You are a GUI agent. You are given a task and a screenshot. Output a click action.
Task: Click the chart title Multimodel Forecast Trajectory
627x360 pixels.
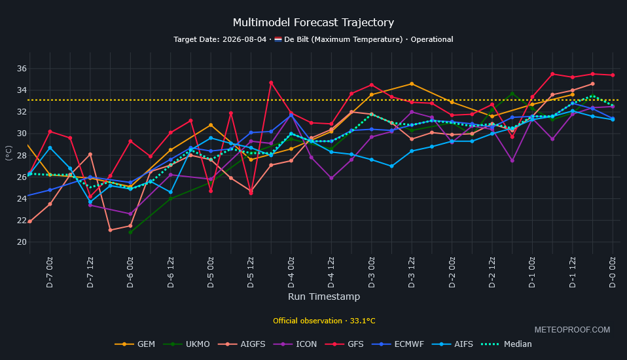[x=313, y=22]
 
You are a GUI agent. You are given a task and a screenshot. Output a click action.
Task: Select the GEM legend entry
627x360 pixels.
[x=135, y=344]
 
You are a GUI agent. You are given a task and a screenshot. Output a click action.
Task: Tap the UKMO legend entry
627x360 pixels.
[x=187, y=344]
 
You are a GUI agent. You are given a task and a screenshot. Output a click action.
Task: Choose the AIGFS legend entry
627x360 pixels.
[x=242, y=344]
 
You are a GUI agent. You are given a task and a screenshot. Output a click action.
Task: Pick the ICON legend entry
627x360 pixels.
[x=295, y=344]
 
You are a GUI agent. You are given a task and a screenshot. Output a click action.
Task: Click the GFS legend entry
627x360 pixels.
[x=344, y=344]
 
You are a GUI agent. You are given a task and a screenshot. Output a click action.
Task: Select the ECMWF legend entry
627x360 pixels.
[x=397, y=344]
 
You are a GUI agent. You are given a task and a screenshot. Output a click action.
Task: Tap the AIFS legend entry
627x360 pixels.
[x=452, y=344]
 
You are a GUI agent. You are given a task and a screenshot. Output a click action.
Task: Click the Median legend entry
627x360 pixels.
[x=506, y=344]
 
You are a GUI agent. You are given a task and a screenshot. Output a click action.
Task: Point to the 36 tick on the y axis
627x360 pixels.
[x=22, y=69]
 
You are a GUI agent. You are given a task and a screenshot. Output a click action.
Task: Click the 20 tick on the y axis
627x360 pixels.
[x=22, y=242]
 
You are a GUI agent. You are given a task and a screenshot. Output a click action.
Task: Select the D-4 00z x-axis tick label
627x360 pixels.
[x=291, y=272]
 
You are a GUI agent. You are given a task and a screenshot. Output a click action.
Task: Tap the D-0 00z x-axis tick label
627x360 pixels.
[x=613, y=272]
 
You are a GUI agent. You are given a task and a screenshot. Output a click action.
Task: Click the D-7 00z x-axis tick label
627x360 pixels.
[x=50, y=272]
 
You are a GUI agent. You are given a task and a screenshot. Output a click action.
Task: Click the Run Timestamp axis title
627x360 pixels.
[x=324, y=297]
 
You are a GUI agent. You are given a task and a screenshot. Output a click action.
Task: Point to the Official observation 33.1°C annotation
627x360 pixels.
[x=324, y=321]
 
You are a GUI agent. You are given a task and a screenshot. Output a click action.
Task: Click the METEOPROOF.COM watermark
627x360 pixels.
[x=572, y=330]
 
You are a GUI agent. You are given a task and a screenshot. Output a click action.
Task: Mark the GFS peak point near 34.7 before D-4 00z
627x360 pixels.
[x=271, y=82]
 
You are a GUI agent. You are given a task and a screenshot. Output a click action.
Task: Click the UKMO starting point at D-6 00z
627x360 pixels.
[x=130, y=232]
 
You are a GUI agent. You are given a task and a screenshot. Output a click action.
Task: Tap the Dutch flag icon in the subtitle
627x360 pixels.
[x=278, y=39]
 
